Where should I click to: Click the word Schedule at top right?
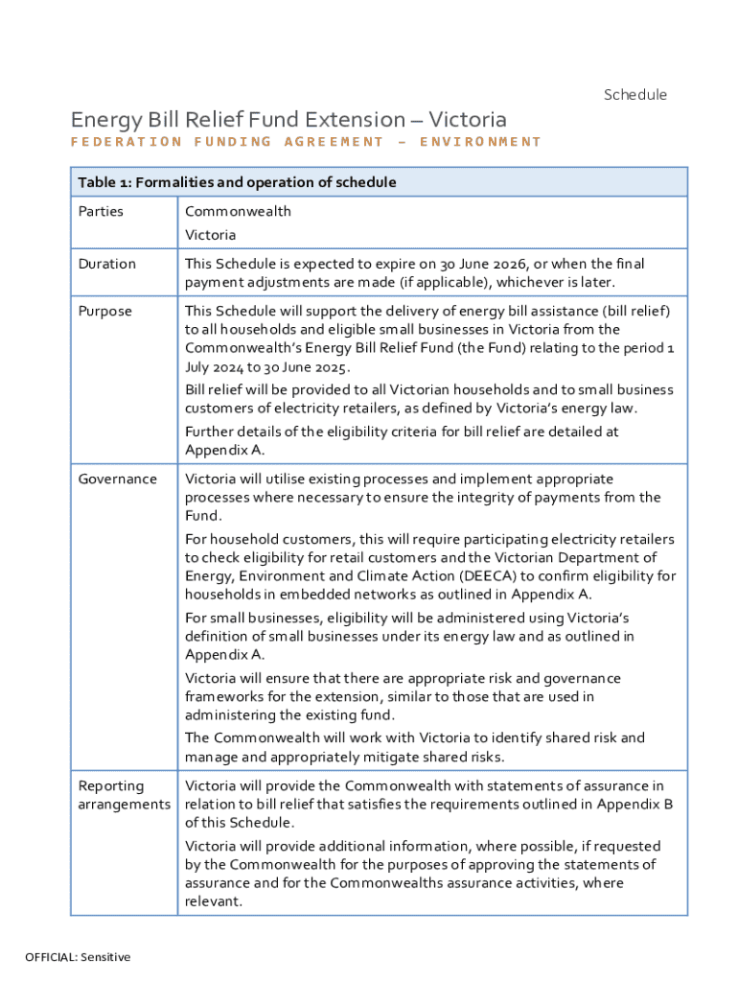pos(634,94)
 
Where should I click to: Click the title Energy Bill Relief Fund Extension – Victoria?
pos(288,120)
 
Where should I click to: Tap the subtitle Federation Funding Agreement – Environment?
pos(306,142)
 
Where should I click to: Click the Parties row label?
pos(101,211)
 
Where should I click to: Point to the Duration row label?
pos(107,264)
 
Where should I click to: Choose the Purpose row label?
pos(105,312)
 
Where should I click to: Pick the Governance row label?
pos(117,479)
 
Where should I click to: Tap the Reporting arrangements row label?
pos(124,795)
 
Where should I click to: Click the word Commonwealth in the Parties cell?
pos(238,211)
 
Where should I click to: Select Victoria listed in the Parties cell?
pos(210,235)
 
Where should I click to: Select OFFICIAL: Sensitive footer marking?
pos(78,957)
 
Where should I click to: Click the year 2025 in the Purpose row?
pos(330,366)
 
